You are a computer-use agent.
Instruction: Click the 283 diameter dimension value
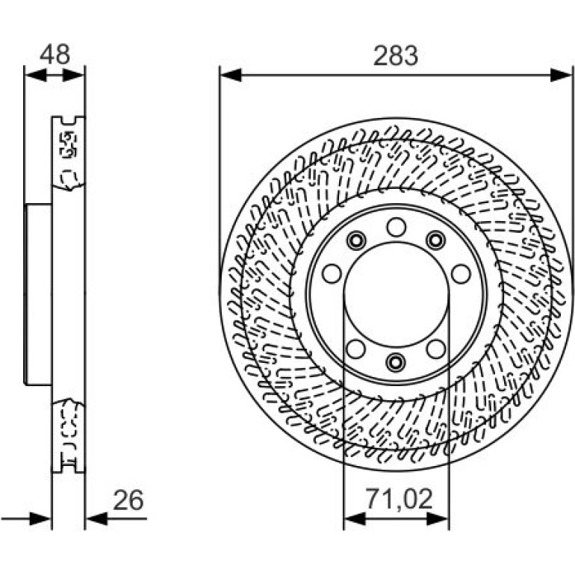coord(395,56)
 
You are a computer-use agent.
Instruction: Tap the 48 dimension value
coord(55,55)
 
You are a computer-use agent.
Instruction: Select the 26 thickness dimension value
coord(128,500)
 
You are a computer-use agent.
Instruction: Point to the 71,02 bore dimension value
coord(399,500)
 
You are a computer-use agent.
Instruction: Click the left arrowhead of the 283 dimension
coord(231,75)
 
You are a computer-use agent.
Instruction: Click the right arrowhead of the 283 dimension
coord(561,75)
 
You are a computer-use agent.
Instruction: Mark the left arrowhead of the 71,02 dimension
coord(355,518)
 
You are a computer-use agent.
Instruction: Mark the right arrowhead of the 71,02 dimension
coord(438,518)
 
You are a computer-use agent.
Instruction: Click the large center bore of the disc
coord(397,294)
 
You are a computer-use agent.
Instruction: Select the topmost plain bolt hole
coord(397,227)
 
